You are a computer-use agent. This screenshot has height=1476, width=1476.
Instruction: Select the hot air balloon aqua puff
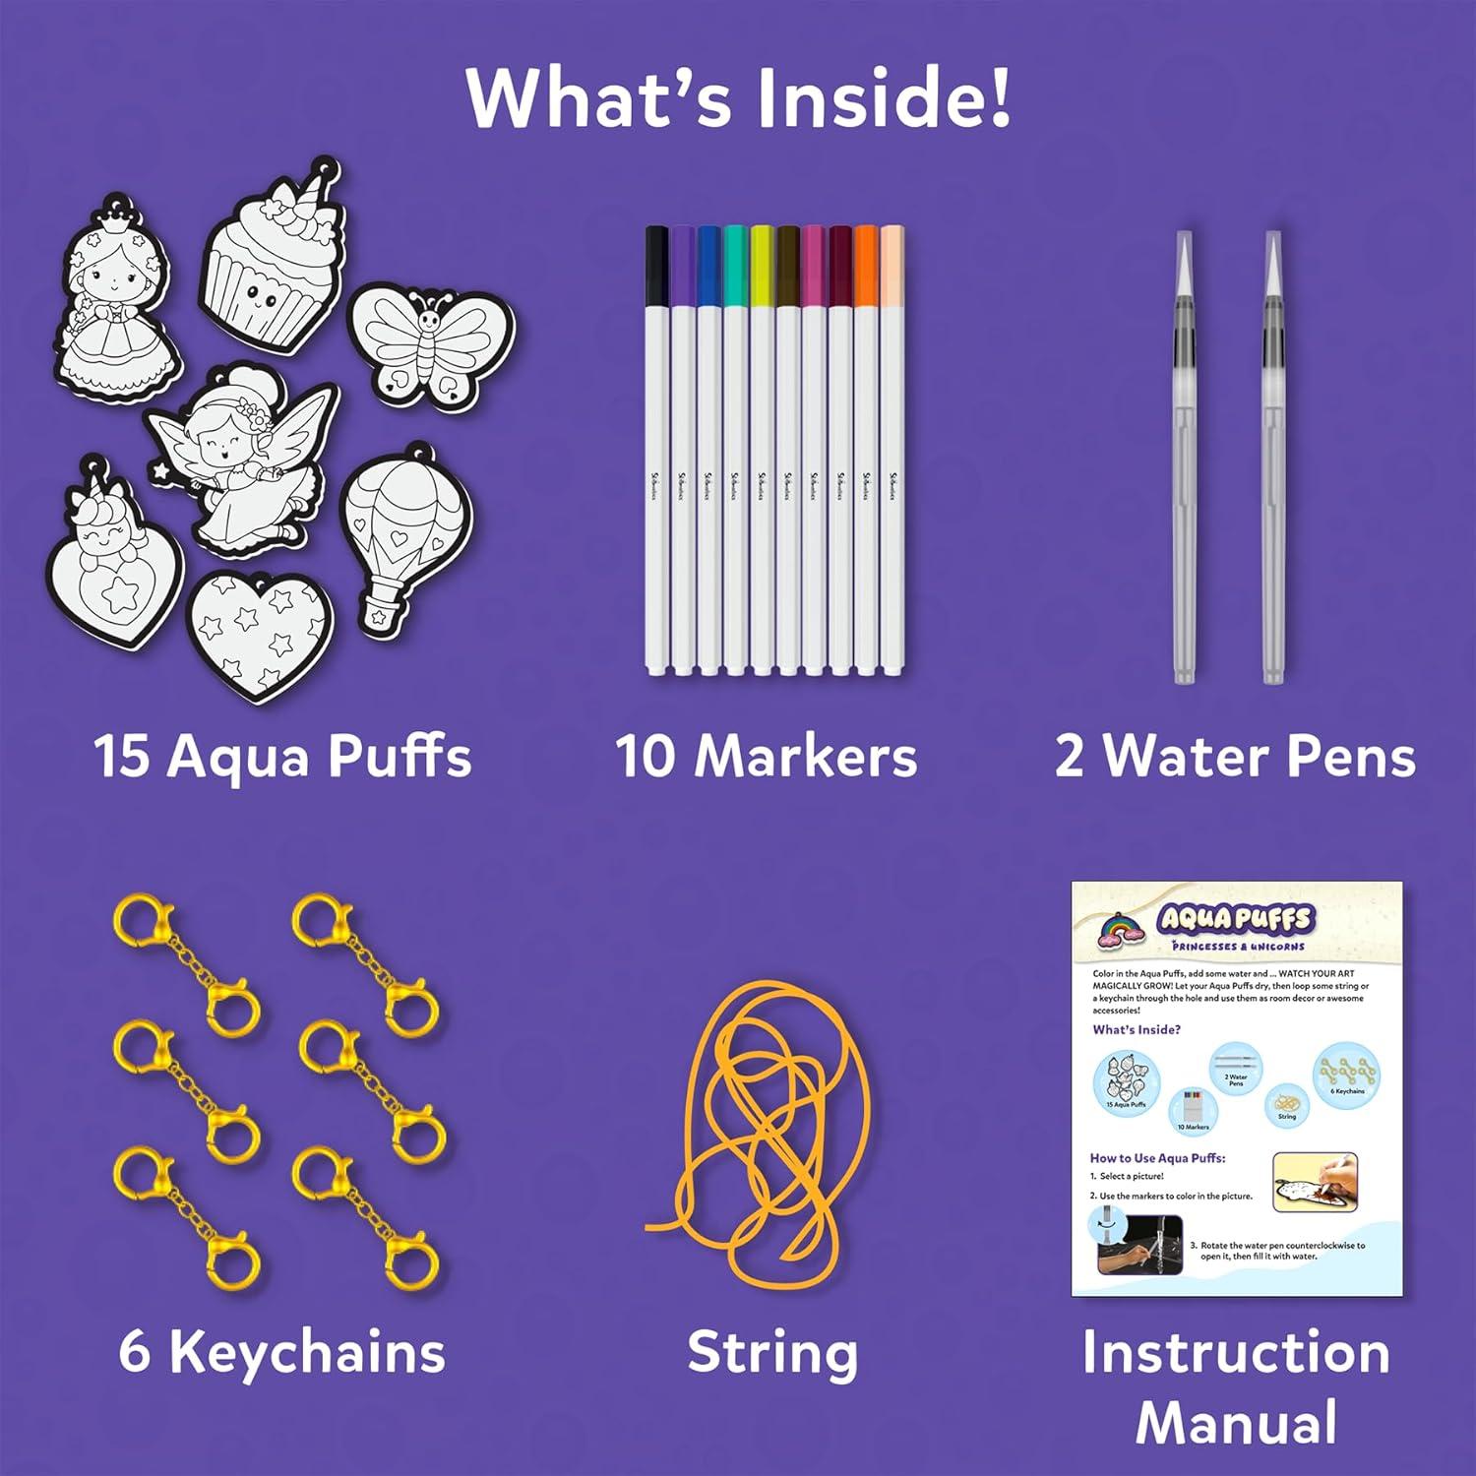(403, 536)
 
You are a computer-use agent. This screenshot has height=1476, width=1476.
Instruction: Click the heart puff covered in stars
(261, 635)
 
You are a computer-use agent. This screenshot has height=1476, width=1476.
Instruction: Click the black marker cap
(656, 266)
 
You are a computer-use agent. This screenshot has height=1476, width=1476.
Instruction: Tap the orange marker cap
(866, 266)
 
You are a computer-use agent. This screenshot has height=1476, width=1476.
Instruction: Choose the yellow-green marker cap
(762, 266)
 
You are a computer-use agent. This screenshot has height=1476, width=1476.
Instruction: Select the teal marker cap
(735, 266)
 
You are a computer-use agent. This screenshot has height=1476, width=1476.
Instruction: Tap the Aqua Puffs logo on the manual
(1235, 920)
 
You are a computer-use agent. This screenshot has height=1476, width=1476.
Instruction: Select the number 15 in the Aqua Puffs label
(122, 758)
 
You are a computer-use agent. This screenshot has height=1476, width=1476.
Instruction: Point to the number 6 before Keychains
(135, 1352)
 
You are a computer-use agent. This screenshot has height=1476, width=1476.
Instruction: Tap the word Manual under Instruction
(1236, 1423)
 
